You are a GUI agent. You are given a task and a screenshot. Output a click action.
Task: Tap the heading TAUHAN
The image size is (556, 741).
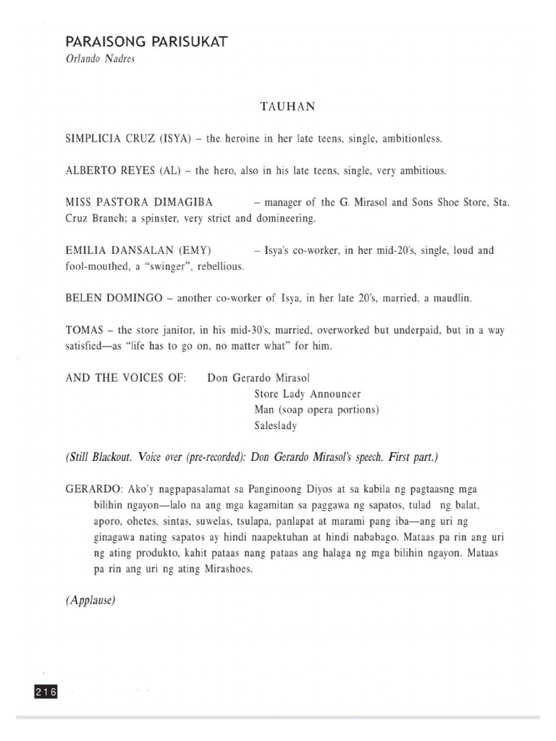[287, 106]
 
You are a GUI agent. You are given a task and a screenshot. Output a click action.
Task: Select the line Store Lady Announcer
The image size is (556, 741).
[308, 394]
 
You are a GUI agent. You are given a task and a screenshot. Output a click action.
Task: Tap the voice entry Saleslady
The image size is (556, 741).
[276, 426]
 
